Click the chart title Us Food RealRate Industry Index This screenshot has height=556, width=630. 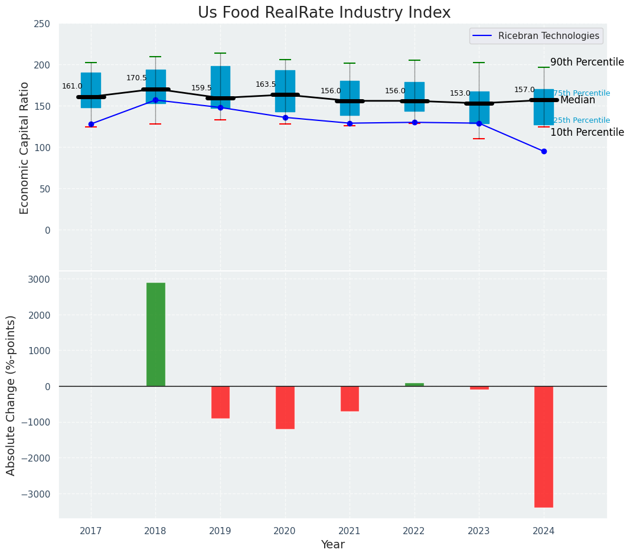click(324, 13)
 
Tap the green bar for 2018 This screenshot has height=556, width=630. click(156, 335)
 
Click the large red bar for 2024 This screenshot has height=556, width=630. click(544, 447)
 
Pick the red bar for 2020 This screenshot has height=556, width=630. click(285, 407)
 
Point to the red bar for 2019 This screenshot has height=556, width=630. click(220, 402)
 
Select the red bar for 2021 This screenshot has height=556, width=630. click(350, 398)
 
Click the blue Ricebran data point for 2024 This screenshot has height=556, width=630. click(544, 151)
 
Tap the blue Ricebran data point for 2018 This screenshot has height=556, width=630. click(155, 100)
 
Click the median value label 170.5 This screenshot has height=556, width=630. click(136, 78)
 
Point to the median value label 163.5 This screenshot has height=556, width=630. click(266, 84)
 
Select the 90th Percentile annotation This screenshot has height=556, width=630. click(587, 62)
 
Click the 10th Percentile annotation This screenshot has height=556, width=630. click(587, 132)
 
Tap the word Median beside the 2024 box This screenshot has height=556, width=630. click(577, 100)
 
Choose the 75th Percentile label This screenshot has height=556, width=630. click(582, 93)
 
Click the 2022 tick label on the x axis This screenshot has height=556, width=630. click(414, 531)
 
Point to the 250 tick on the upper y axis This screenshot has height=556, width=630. click(42, 24)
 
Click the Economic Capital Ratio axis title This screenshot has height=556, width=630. click(25, 148)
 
